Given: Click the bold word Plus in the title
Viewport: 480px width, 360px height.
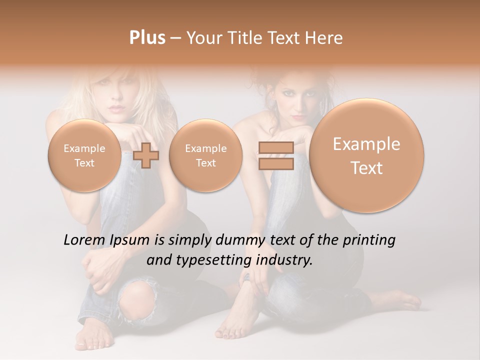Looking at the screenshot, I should tap(147, 38).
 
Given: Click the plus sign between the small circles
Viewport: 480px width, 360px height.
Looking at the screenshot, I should tap(146, 155).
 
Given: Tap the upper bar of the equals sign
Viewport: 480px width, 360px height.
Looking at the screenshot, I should tap(276, 148).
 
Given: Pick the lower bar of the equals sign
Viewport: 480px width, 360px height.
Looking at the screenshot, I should tap(276, 164).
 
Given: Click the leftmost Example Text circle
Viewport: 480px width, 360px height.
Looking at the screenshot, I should tap(84, 155).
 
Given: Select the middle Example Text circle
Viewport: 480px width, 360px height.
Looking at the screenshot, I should tap(205, 155).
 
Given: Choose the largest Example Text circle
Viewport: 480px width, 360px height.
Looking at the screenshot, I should tap(366, 155).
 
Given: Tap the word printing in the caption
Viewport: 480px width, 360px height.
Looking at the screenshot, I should tap(369, 240).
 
